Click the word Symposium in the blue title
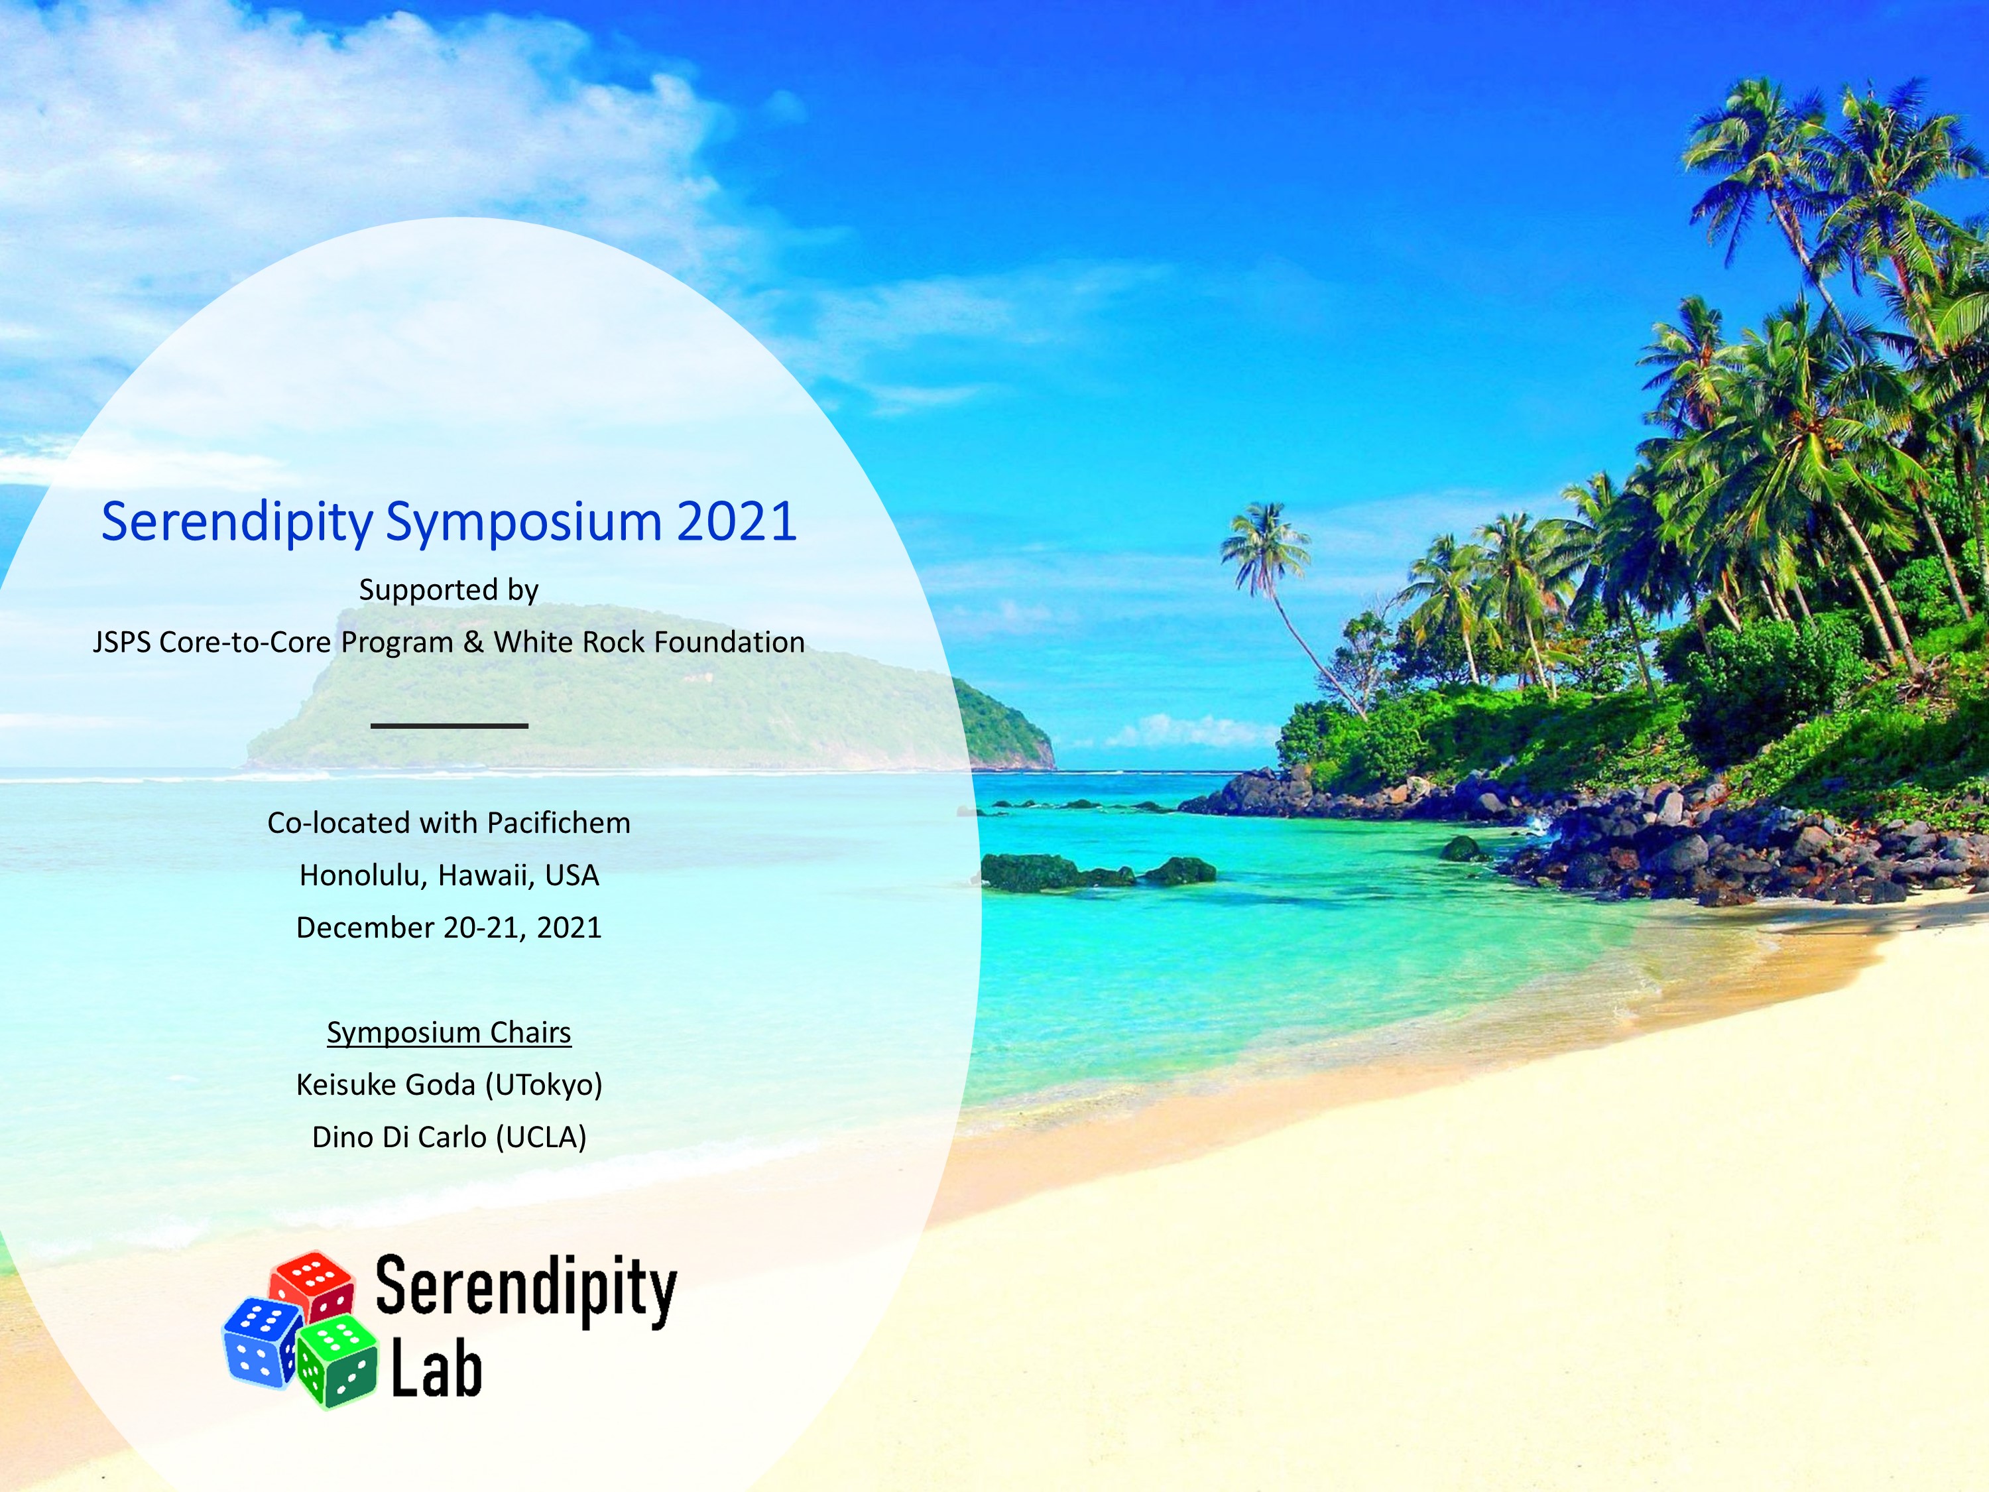click(523, 522)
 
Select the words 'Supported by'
click(449, 591)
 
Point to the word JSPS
click(121, 642)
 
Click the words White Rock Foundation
click(649, 642)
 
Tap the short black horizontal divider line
click(450, 725)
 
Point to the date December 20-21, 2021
click(449, 927)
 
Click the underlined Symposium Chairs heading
click(449, 1033)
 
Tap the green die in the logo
click(338, 1361)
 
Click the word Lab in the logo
click(436, 1370)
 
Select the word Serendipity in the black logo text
click(526, 1288)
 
